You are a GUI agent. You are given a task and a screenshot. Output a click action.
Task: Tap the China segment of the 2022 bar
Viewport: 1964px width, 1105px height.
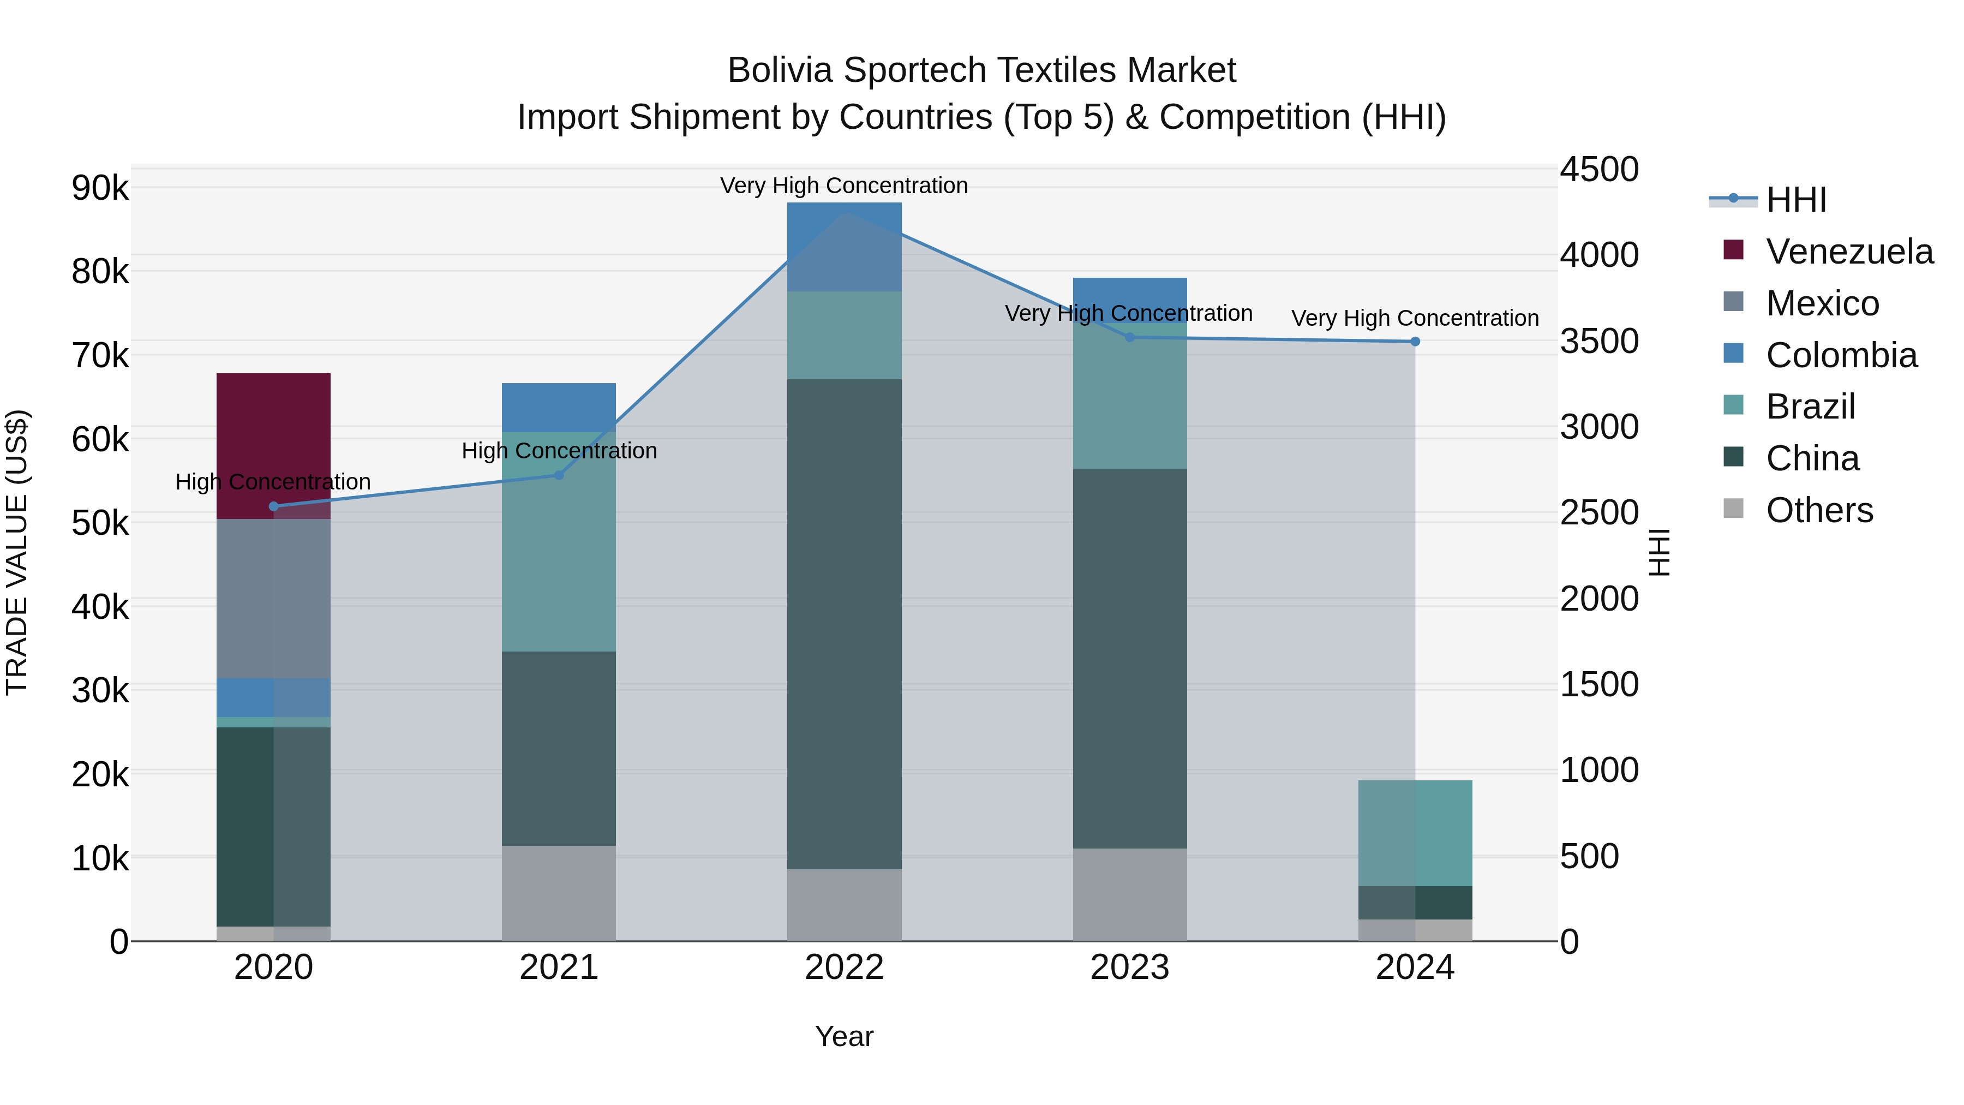coord(844,624)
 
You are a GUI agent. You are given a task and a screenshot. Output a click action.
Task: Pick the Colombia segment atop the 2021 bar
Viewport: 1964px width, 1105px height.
coord(558,407)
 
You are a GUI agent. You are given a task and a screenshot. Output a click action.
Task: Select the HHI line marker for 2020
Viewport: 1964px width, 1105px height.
coord(274,506)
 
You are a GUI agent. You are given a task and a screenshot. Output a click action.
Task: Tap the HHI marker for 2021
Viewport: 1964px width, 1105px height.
coord(558,475)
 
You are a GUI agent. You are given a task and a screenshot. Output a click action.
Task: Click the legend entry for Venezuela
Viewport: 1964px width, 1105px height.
coord(1848,252)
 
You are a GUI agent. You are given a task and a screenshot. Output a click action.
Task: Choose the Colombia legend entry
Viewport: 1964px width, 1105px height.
coord(1841,355)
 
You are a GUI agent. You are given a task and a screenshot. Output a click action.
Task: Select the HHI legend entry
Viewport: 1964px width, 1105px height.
coord(1795,200)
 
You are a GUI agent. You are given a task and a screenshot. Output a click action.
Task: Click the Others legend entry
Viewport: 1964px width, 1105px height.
coord(1818,510)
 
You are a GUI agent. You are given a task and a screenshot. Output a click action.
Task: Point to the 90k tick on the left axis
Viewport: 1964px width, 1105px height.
coord(100,188)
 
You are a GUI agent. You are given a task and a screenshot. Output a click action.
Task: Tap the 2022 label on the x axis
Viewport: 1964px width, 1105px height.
coord(844,967)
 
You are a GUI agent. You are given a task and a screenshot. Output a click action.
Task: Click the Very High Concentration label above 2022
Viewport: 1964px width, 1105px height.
coord(844,186)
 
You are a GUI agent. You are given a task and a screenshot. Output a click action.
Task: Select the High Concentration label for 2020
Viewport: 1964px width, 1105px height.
coord(273,482)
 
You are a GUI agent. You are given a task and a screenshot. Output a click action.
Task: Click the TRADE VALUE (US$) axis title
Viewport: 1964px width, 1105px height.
coord(17,552)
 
